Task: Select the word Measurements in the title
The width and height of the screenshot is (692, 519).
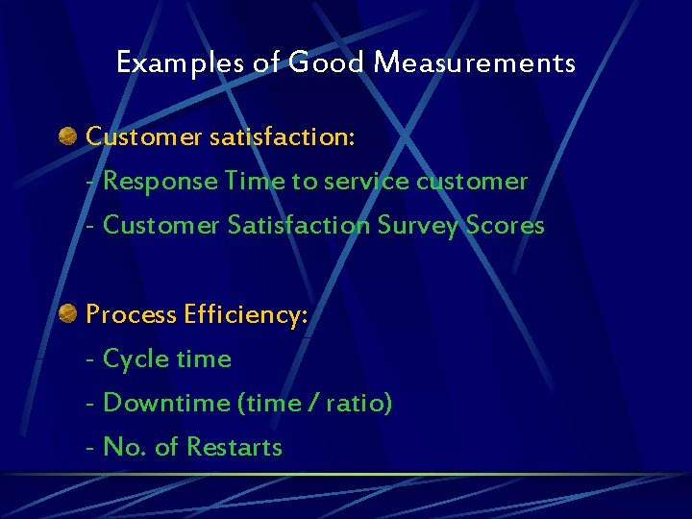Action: click(475, 63)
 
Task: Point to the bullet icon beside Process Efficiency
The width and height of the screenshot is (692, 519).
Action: click(68, 313)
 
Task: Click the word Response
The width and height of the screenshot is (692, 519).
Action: click(161, 181)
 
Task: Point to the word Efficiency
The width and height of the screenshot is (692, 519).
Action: click(246, 314)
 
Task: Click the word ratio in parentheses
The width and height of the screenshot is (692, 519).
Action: click(358, 403)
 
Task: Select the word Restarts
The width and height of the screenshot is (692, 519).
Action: click(234, 447)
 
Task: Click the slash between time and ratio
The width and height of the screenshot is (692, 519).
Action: click(310, 403)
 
